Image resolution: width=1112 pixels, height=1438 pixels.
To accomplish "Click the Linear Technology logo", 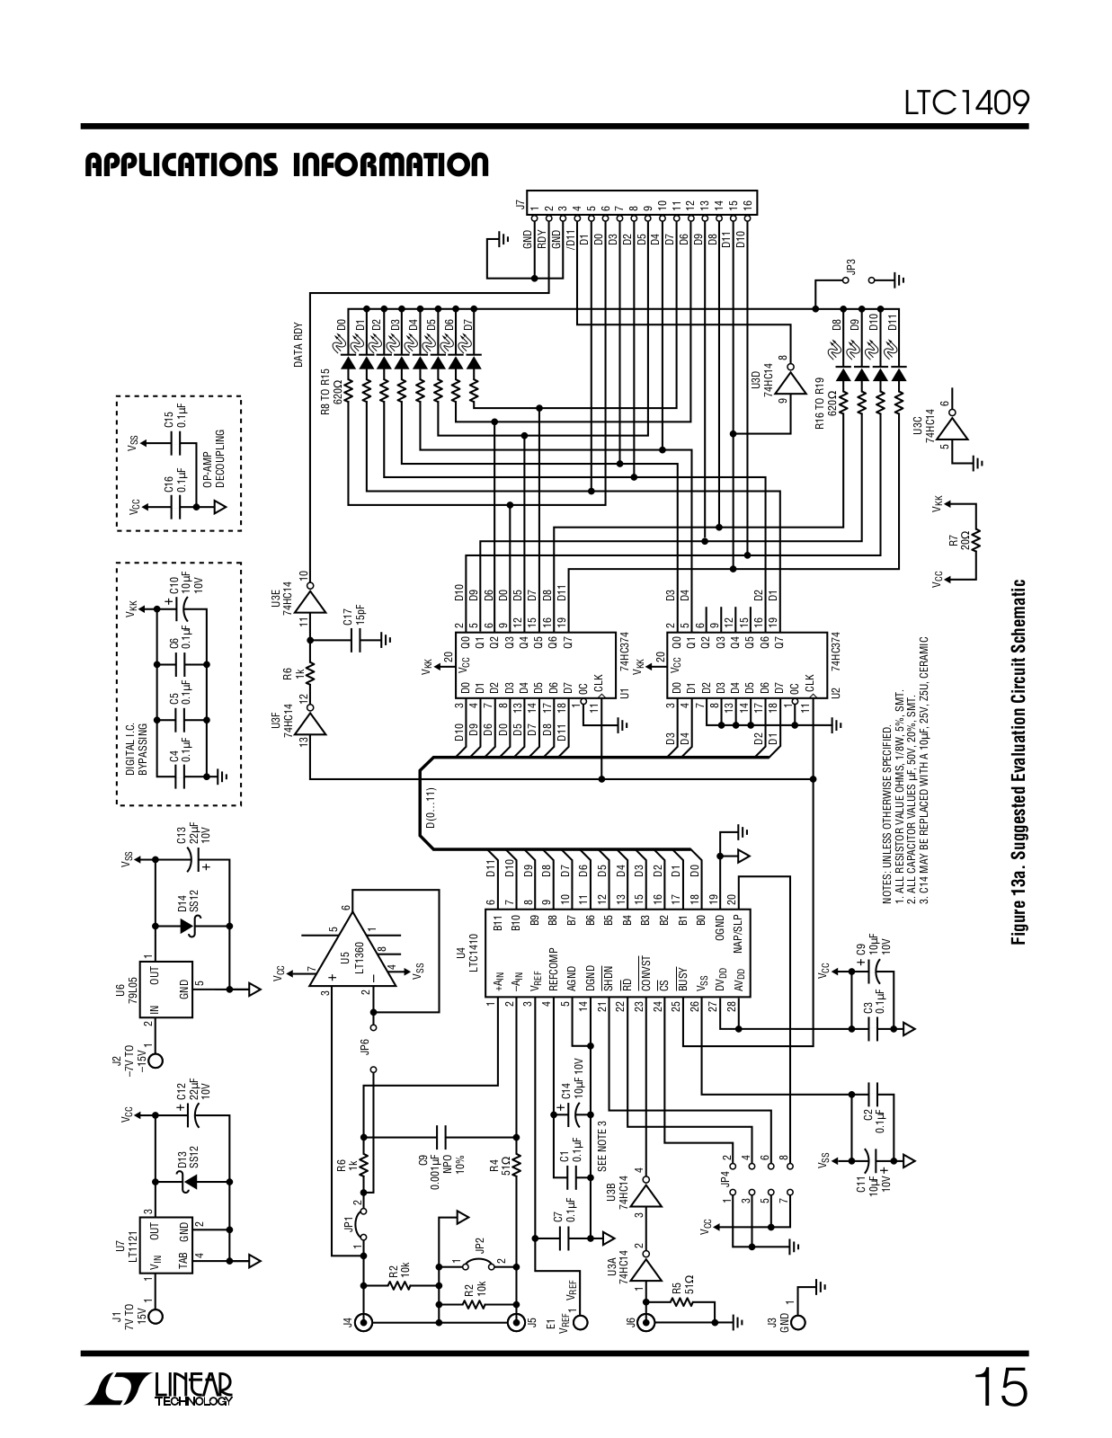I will (x=160, y=1389).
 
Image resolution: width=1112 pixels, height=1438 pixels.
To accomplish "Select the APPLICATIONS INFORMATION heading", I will (x=287, y=165).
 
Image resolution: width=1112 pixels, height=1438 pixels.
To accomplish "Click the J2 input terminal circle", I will (x=156, y=1061).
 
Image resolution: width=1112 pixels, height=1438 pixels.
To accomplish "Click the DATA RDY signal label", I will (x=299, y=345).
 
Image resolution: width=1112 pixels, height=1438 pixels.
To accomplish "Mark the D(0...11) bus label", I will (x=431, y=807).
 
